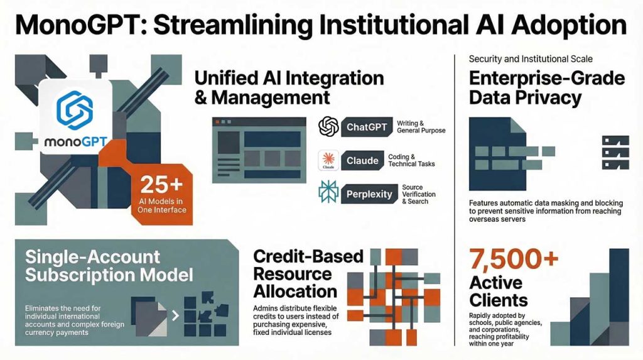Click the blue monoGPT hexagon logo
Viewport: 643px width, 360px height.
tap(75, 110)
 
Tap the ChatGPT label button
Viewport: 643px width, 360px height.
tap(367, 128)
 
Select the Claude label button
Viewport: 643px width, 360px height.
tap(362, 160)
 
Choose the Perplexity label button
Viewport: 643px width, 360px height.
tap(369, 194)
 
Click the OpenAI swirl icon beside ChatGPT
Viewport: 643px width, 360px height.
tap(328, 126)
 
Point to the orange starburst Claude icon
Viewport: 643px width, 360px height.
tap(328, 160)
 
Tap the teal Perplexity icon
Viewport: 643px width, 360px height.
tap(328, 192)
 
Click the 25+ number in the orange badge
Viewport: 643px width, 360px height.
tap(161, 185)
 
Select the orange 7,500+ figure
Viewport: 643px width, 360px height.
tap(514, 259)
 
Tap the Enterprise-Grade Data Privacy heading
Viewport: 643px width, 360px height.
tap(547, 88)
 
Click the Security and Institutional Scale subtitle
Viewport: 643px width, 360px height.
tap(531, 59)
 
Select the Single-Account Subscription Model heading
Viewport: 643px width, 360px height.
tap(109, 266)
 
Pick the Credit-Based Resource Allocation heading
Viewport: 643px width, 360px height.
tap(308, 274)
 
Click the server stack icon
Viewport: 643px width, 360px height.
tap(615, 153)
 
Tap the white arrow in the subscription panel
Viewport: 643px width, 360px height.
tap(176, 315)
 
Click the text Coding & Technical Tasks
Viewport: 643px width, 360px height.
tap(411, 160)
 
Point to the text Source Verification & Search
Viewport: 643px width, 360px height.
tap(418, 194)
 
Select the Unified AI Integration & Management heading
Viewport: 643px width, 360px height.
tap(289, 88)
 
